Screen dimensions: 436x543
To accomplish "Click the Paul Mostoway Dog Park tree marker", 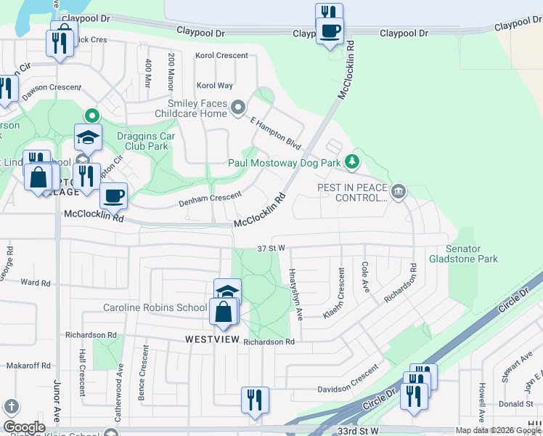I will click(x=351, y=161).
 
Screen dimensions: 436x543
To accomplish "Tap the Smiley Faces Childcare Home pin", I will click(x=238, y=109).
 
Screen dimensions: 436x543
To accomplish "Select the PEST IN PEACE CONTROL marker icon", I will click(x=398, y=192).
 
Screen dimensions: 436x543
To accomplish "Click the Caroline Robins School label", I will click(x=155, y=307).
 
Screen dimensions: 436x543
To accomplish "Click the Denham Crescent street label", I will click(x=210, y=196).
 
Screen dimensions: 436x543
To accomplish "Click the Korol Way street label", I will click(x=214, y=86).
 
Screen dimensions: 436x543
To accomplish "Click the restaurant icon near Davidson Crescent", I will click(x=255, y=400).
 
